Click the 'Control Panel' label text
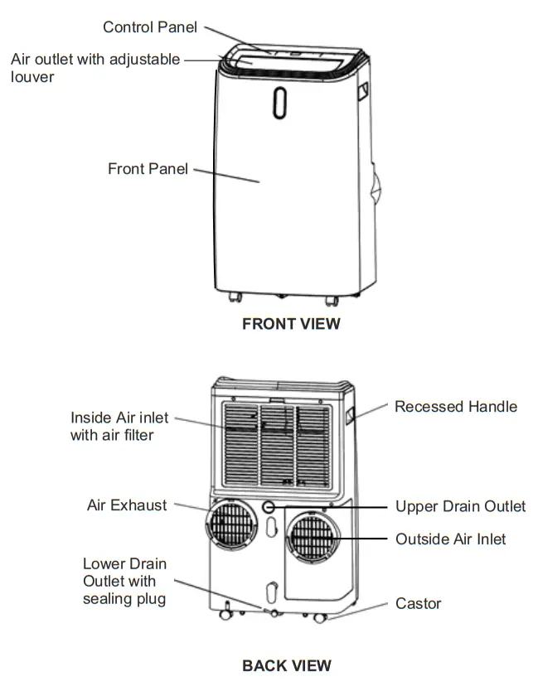[x=150, y=27]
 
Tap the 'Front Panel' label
[x=148, y=169]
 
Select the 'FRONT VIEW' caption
[x=291, y=324]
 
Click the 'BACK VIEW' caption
[x=287, y=665]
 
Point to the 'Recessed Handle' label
[x=456, y=407]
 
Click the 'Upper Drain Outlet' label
[x=460, y=506]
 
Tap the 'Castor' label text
[x=418, y=604]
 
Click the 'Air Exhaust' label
[x=127, y=505]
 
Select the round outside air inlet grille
[x=313, y=539]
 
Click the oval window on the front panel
[x=280, y=102]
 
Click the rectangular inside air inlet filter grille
[x=278, y=445]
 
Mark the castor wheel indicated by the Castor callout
[x=321, y=618]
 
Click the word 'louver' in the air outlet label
[x=33, y=77]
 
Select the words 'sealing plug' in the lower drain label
[x=124, y=598]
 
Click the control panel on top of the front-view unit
[x=291, y=53]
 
